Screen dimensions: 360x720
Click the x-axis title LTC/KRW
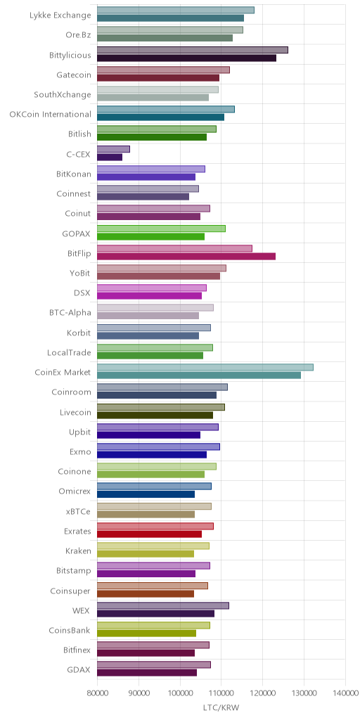221,707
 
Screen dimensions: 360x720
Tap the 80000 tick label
97,693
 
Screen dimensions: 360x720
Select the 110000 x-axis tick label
221,693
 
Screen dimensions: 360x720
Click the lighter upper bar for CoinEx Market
205,367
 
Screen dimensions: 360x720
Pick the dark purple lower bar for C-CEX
110,157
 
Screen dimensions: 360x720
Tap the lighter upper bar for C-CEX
113,149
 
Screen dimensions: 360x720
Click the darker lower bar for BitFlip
186,256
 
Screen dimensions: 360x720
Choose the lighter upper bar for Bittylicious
193,50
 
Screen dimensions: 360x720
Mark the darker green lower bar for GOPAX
150,236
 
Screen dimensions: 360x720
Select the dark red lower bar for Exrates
149,534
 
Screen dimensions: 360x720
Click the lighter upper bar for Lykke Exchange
176,10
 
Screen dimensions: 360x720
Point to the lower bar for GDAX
147,673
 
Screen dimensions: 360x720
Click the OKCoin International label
51,114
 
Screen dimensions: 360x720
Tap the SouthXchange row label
63,95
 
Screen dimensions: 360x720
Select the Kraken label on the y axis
77,551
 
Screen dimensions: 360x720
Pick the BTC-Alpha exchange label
70,313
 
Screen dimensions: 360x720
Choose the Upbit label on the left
80,432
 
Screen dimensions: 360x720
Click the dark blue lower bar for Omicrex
146,494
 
